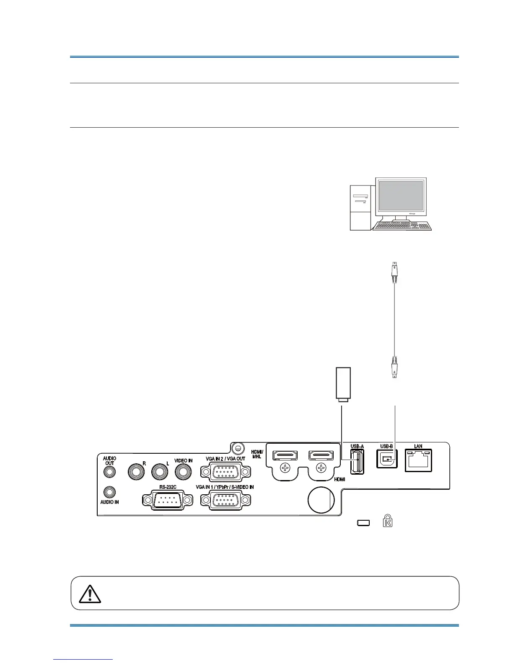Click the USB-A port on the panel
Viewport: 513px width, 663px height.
[x=357, y=461]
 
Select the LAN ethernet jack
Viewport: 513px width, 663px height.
[x=418, y=461]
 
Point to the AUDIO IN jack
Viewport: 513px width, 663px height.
[x=109, y=492]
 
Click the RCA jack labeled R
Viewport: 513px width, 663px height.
[x=136, y=472]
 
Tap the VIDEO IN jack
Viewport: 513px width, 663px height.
[x=183, y=472]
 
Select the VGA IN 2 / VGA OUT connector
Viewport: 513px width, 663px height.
[x=226, y=472]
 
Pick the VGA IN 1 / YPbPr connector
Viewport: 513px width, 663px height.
[x=225, y=501]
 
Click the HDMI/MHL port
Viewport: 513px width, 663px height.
[x=285, y=455]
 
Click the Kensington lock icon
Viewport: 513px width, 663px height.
[x=387, y=522]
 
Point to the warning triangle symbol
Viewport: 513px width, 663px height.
[x=89, y=594]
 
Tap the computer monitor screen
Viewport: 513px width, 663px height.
[x=401, y=195]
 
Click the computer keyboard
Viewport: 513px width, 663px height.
[x=402, y=226]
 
